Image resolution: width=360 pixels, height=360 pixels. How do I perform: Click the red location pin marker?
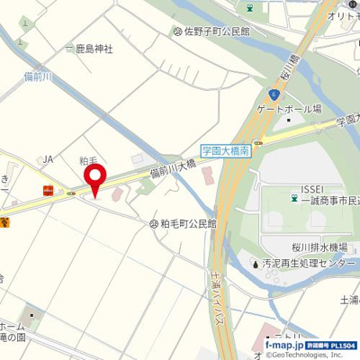(94, 177)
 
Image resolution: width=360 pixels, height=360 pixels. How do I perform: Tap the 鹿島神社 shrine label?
(93, 49)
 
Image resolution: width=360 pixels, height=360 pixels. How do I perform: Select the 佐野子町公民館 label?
(217, 31)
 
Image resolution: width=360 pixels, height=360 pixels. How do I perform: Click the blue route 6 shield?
(274, 94)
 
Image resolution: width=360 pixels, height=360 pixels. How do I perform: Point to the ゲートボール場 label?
(289, 107)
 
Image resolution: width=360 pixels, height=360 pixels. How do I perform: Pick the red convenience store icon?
(48, 190)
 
